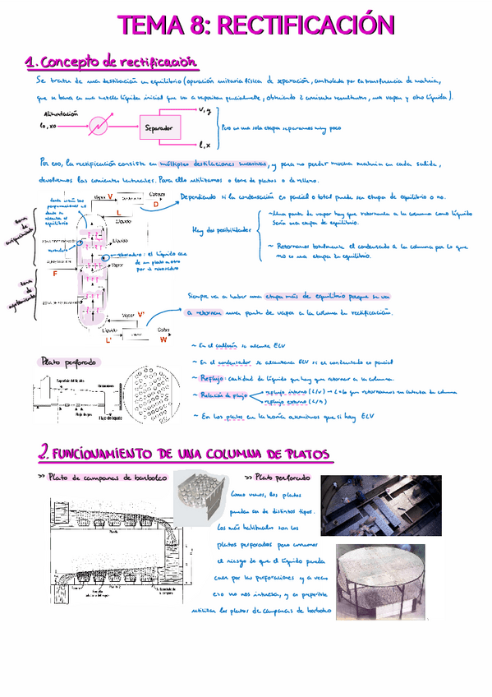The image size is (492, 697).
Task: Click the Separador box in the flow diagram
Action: [159, 128]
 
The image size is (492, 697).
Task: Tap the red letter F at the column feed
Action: [55, 272]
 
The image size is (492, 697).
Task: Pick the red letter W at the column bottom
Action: [163, 338]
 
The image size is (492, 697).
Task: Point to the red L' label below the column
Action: [108, 339]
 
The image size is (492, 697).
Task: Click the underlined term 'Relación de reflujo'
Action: [224, 395]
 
